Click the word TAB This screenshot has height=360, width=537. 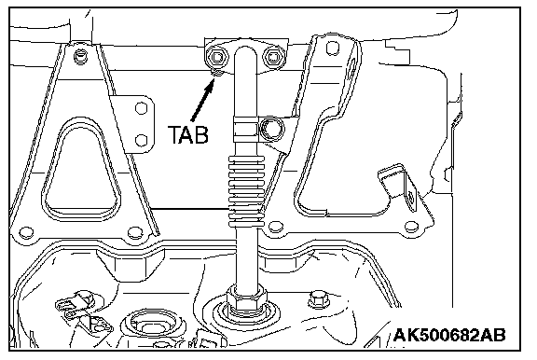tap(188, 134)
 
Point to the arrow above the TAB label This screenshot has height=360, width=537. tap(203, 100)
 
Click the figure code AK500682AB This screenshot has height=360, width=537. tap(449, 335)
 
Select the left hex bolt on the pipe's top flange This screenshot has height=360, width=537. tap(216, 56)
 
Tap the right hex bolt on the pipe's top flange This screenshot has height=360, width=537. tap(273, 57)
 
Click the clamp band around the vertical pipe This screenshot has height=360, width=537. tap(245, 129)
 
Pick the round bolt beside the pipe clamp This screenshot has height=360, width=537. tap(271, 129)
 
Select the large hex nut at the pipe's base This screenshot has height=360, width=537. tap(246, 298)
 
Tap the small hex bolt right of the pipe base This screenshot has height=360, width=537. tap(319, 299)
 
